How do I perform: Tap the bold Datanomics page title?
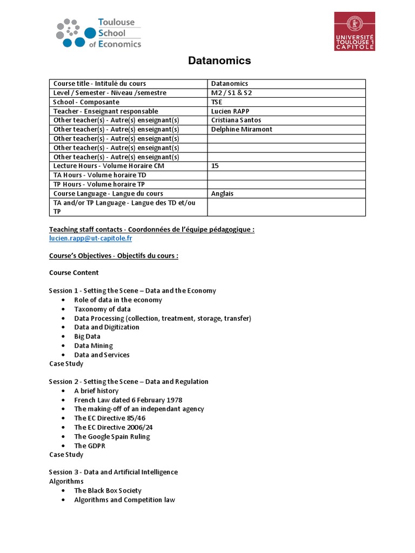(x=219, y=61)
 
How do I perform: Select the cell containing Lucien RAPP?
(x=231, y=111)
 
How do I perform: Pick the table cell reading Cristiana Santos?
(x=236, y=120)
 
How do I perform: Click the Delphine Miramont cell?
(x=242, y=130)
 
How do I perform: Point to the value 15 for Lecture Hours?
(x=215, y=166)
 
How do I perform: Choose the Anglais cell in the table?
(x=223, y=194)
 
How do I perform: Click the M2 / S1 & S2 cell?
(x=232, y=93)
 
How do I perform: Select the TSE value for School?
(x=217, y=102)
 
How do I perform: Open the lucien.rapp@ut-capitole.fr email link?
(x=91, y=238)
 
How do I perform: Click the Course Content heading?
(x=74, y=273)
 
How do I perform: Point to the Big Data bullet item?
(x=88, y=336)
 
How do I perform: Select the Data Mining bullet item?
(x=93, y=346)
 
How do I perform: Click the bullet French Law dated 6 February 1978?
(x=128, y=400)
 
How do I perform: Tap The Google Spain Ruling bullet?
(x=112, y=436)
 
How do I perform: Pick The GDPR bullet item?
(x=90, y=446)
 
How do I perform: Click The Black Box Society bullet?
(x=108, y=491)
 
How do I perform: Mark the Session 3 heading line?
(x=113, y=472)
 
